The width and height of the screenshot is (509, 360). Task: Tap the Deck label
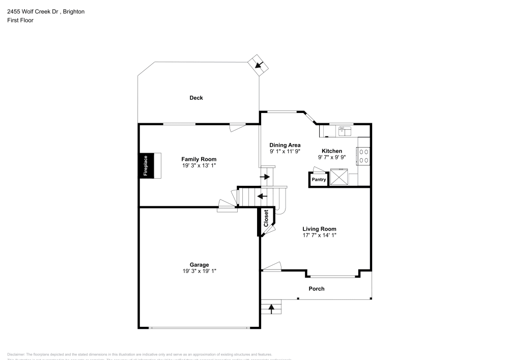click(x=196, y=98)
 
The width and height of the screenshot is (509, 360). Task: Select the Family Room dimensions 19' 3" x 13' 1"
click(x=203, y=166)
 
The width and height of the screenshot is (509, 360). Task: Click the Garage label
click(x=200, y=265)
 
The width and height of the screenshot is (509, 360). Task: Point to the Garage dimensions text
click(x=200, y=271)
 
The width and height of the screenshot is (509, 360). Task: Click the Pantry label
click(x=319, y=180)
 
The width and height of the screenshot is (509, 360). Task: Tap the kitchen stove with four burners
click(x=364, y=155)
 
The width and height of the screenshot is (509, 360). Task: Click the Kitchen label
click(x=331, y=151)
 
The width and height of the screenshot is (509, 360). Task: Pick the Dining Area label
click(x=285, y=145)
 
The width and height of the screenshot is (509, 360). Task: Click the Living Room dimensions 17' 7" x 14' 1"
click(x=319, y=235)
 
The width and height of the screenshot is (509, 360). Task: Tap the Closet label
click(x=266, y=218)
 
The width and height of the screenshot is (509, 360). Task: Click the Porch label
click(x=317, y=289)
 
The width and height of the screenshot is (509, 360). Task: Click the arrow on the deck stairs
click(x=260, y=65)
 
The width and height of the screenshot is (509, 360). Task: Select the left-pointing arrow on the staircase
click(x=263, y=196)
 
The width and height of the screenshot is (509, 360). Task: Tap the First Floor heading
click(x=20, y=20)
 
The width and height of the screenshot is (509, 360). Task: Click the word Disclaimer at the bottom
click(x=16, y=354)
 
